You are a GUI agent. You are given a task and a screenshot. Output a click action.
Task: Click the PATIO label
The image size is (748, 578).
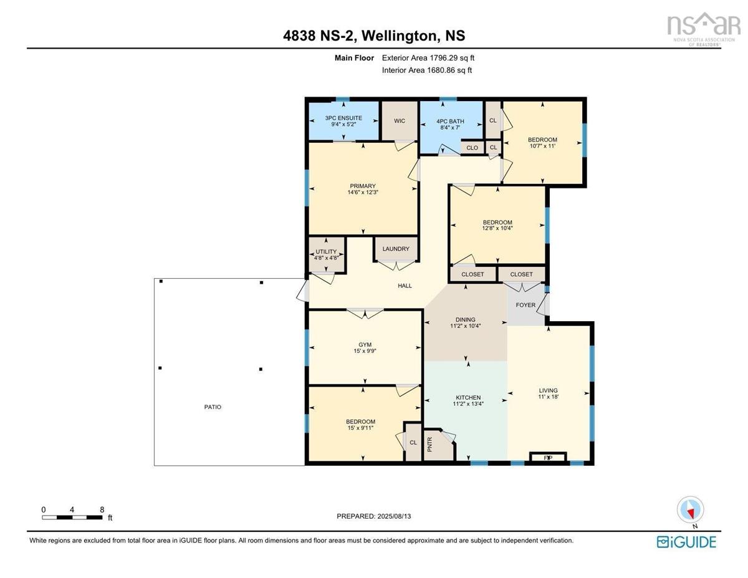click(x=213, y=407)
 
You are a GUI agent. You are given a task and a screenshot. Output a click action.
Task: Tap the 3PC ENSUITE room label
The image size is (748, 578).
click(x=343, y=118)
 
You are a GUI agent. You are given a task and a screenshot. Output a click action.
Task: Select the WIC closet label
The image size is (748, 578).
click(x=399, y=121)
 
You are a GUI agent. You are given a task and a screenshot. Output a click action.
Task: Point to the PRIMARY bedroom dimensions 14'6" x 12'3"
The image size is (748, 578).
click(x=363, y=193)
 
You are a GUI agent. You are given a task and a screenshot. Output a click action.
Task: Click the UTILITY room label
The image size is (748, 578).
click(x=326, y=252)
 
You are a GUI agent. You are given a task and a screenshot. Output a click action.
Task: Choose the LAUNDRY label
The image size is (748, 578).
click(x=396, y=249)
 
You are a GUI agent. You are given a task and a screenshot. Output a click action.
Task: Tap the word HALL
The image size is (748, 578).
click(x=405, y=286)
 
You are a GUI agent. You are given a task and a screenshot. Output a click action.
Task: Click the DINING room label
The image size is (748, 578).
click(x=465, y=320)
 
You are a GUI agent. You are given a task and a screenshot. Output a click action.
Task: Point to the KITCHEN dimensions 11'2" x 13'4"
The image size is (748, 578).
click(x=467, y=404)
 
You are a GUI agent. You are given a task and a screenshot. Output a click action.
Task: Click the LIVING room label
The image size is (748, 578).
click(x=549, y=391)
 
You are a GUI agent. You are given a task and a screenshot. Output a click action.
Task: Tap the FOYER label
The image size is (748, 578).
click(x=525, y=306)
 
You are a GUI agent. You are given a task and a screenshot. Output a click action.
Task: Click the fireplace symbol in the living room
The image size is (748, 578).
click(x=548, y=458)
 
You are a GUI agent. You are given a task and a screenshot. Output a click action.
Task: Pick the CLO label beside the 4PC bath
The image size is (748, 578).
click(x=472, y=148)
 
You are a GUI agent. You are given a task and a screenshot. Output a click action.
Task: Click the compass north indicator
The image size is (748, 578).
click(x=690, y=510)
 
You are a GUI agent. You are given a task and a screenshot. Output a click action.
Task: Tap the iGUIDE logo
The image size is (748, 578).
click(x=686, y=541)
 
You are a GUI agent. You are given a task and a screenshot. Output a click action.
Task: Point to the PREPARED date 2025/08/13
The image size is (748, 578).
click(x=373, y=516)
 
